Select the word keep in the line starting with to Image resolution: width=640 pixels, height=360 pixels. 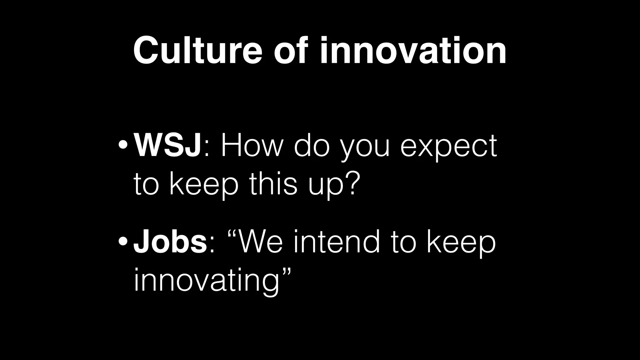tap(204, 184)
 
